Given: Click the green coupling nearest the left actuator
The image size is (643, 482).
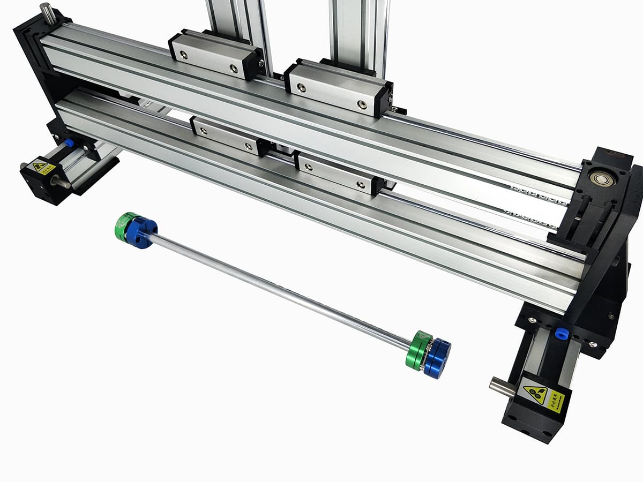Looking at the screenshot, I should pyautogui.click(x=126, y=225).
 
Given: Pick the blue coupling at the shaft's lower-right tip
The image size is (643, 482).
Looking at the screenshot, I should pyautogui.click(x=437, y=358).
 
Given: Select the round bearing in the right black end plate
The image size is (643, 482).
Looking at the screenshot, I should pyautogui.click(x=599, y=178).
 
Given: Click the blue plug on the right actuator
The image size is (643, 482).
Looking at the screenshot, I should pyautogui.click(x=562, y=332).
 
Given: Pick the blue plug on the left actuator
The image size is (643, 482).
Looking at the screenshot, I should pyautogui.click(x=69, y=144).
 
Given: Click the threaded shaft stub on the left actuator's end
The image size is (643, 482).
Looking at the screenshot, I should pyautogui.click(x=60, y=183).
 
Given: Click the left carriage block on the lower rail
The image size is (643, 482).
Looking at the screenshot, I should pyautogui.click(x=225, y=136).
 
